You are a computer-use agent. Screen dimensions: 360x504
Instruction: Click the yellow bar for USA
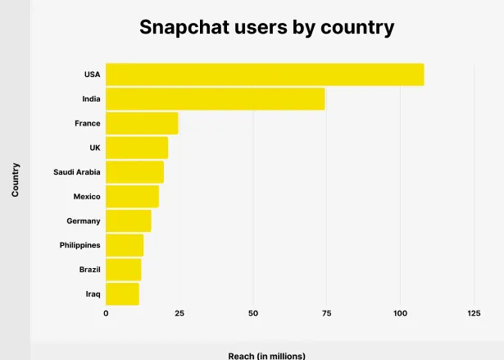(265, 75)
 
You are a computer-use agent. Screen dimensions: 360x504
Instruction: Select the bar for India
(215, 98)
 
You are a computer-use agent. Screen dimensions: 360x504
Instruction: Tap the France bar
(142, 123)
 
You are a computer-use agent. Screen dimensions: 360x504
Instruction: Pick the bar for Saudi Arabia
(134, 172)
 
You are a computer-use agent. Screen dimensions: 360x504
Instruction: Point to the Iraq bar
(122, 294)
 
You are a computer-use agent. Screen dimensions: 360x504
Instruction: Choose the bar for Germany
(129, 221)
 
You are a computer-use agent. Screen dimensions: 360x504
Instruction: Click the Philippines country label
(79, 245)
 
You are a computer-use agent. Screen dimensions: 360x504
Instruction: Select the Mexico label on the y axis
(87, 197)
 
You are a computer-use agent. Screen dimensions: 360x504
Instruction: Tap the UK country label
(95, 148)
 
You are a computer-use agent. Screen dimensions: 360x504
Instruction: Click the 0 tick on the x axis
(106, 313)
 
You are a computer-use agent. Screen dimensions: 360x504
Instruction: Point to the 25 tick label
(179, 313)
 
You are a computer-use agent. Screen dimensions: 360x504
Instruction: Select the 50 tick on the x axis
(253, 313)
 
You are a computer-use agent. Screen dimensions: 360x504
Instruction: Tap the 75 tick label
(326, 313)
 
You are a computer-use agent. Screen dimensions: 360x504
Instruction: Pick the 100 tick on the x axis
(400, 313)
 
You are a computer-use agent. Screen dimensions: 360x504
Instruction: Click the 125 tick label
(474, 313)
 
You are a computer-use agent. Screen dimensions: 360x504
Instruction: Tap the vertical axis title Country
(16, 180)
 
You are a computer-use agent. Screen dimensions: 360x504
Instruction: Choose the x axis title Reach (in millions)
(266, 355)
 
